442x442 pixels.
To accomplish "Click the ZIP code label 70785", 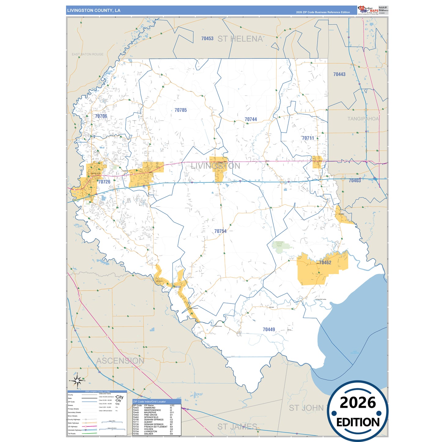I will coord(180,110).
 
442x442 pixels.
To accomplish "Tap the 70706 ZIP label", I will coord(101,116).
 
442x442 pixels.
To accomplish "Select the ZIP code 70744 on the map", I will coord(251,119).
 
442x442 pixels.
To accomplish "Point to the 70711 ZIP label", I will coord(308,138).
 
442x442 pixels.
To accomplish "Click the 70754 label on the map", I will coord(220,231).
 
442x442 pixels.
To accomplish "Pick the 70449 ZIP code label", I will coord(269,329).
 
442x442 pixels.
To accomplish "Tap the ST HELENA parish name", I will coord(240,39).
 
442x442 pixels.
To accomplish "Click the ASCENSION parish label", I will coord(120,361).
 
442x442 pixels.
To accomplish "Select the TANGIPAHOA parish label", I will coord(363,119).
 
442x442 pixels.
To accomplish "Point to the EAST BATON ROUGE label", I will coord(87,54).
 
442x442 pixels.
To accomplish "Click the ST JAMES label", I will coord(237,426).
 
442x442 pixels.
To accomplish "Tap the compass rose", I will coord(78,381).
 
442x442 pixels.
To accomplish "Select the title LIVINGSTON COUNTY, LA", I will coord(94,10).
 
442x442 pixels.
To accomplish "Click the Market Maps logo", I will coord(368,10).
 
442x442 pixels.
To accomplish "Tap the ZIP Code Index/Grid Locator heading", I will coord(149,402).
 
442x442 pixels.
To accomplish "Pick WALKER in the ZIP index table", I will coord(148,434).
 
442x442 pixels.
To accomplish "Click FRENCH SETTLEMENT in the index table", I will coord(156,427).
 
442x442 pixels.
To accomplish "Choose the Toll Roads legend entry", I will coord(72,433).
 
